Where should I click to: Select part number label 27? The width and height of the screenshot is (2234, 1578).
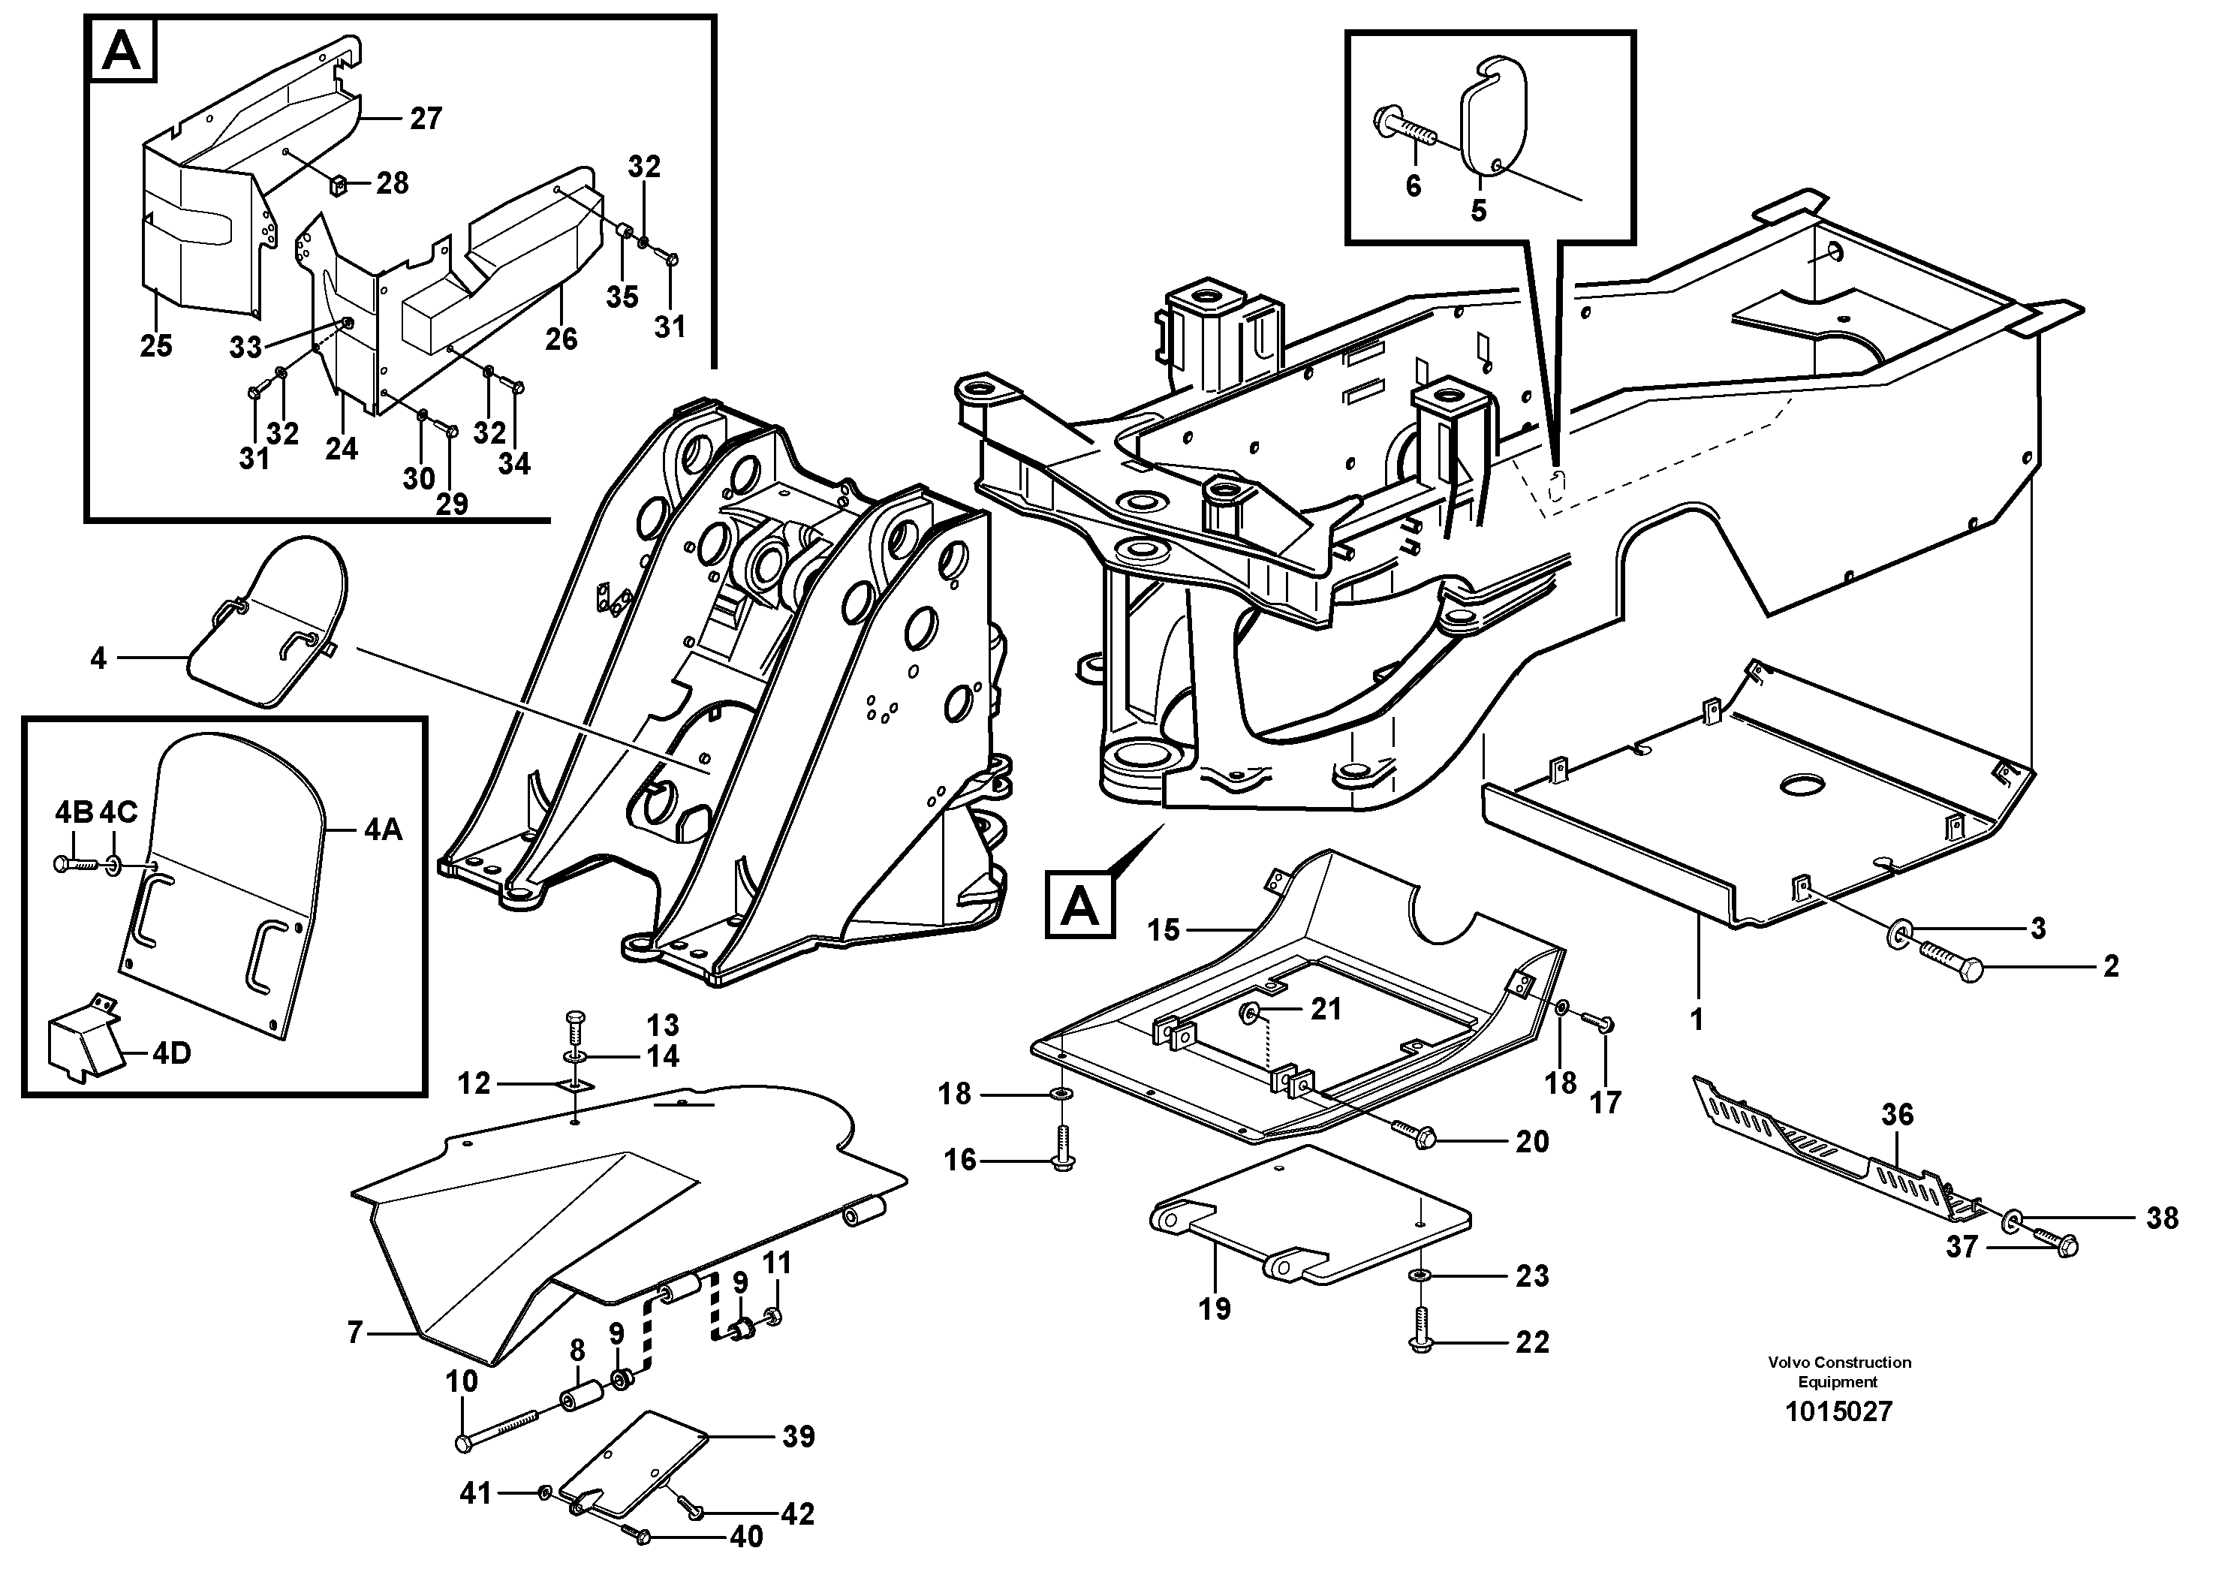pos(425,119)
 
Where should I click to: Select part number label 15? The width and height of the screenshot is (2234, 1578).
pos(1163,930)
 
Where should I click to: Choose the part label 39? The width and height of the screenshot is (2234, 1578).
pos(799,1436)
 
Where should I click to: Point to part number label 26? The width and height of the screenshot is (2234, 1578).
pos(561,339)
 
